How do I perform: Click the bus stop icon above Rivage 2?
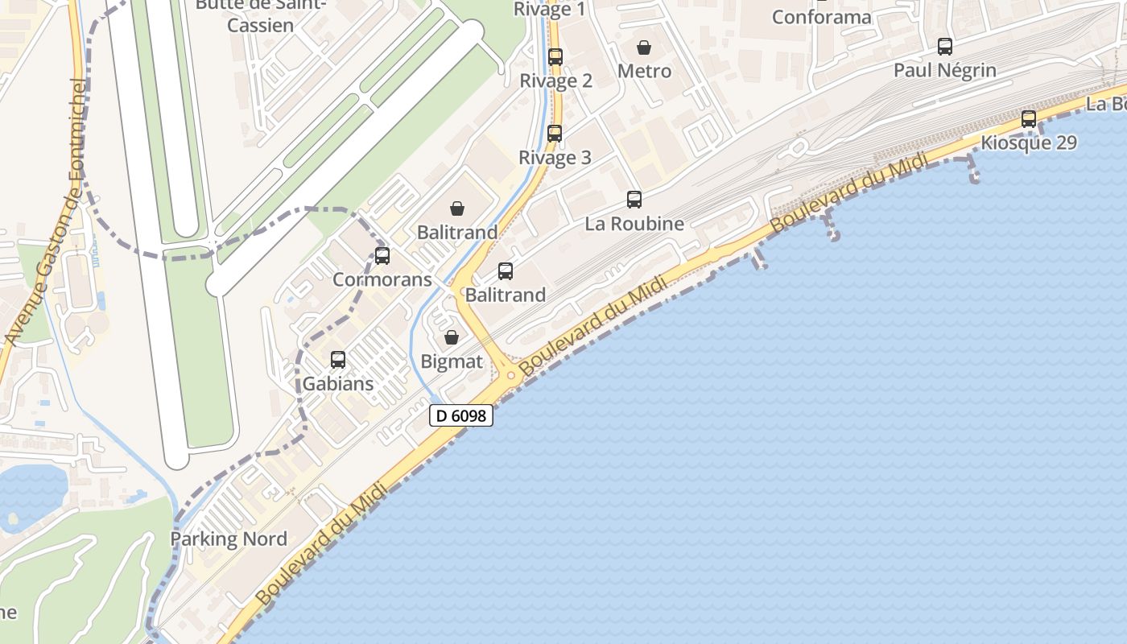point(555,57)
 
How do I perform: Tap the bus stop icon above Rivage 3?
point(555,134)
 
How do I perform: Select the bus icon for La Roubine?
point(634,200)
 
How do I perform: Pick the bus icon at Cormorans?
point(382,256)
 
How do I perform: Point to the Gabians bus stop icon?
point(338,360)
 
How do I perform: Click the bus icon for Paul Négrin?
point(945,47)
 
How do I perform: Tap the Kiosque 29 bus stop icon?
point(1029,119)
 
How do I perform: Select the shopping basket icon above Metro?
point(644,47)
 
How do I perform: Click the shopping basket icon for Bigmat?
point(452,337)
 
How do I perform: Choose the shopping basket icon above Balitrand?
point(457,208)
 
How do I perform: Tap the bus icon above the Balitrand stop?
point(506,271)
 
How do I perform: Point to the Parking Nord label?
point(229,539)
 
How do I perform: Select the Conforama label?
point(821,17)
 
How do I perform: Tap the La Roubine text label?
point(634,224)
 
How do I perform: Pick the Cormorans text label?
point(382,280)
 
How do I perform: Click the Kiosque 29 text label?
point(1029,143)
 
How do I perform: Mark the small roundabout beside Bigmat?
point(510,375)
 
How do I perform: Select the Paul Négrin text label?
point(945,71)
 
